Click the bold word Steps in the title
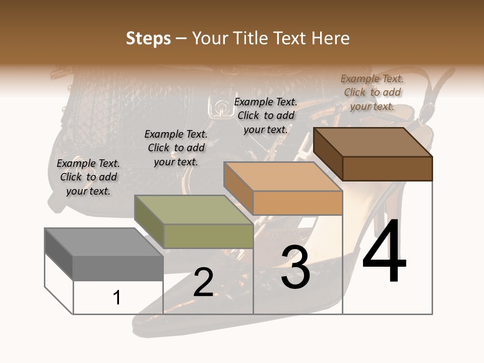point(148,38)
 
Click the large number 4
point(384,251)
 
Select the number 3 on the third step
point(295,268)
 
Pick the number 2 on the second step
point(203,282)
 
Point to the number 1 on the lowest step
point(117,297)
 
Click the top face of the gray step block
point(104,242)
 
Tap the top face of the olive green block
point(194,210)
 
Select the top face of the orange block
point(283,176)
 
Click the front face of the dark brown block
point(387,168)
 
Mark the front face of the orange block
point(297,203)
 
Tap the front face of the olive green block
point(208,236)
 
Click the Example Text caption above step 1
point(88,177)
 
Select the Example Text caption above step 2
point(176,148)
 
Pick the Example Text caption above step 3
point(266,115)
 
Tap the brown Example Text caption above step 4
point(372,92)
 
